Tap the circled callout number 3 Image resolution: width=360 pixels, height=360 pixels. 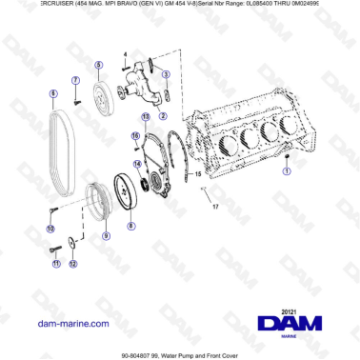click(x=166, y=74)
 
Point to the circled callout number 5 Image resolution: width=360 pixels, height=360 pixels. click(x=98, y=65)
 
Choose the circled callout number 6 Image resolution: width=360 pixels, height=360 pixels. click(x=53, y=93)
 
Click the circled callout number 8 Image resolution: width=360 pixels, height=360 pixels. click(x=131, y=226)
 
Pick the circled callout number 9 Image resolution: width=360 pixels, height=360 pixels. click(x=106, y=234)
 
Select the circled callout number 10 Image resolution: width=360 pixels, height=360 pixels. click(x=50, y=229)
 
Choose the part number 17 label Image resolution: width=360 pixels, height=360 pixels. click(x=215, y=206)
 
